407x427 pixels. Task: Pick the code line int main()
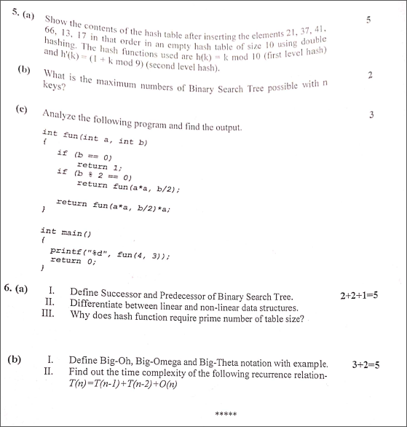click(66, 234)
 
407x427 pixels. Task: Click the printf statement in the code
click(114, 252)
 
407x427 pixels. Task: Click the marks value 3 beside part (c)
click(371, 115)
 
